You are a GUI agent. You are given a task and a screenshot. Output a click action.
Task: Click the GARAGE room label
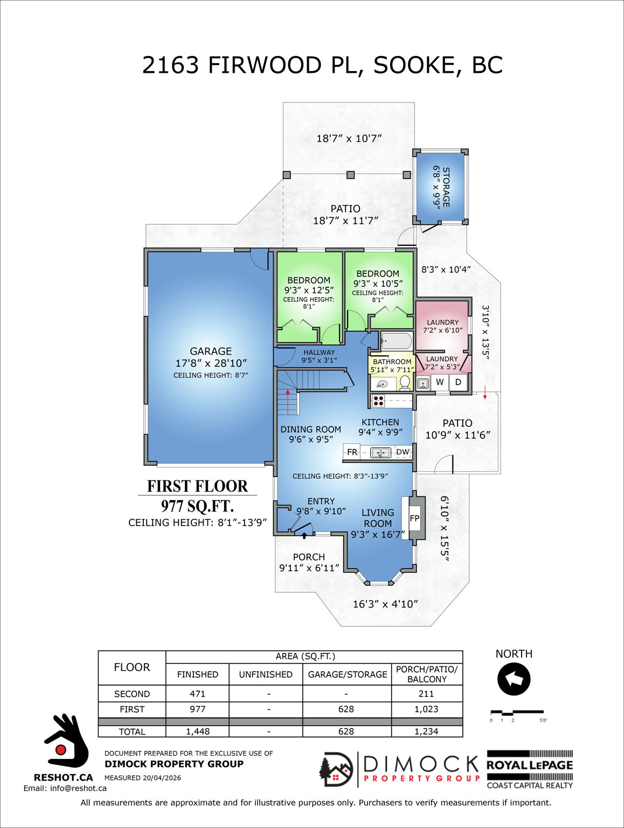tap(211, 351)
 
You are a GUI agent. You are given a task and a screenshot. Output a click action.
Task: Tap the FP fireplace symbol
tap(414, 519)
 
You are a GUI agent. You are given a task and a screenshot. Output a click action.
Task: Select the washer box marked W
tap(440, 382)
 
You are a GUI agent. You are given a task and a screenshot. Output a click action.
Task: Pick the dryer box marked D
tap(458, 382)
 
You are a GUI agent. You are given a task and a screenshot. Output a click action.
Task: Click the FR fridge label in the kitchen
tap(352, 452)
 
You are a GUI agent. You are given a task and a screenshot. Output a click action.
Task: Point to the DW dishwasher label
tap(403, 452)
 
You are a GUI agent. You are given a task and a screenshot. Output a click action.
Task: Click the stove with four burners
tap(378, 401)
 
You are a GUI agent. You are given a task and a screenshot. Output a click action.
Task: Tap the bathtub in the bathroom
tap(396, 341)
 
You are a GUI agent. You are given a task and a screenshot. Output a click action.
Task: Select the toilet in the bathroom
tap(405, 382)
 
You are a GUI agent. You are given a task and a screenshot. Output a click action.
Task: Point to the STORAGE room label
tap(446, 187)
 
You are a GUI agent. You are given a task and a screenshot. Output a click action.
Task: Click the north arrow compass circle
tap(514, 680)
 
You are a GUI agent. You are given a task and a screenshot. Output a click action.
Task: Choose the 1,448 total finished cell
tap(197, 732)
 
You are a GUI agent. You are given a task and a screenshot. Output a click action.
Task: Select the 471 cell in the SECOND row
tap(197, 694)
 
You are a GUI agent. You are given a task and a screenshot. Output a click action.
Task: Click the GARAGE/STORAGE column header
tap(347, 674)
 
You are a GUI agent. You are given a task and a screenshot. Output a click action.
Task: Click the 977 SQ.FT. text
tap(197, 506)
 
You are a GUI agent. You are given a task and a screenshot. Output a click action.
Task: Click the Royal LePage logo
tap(530, 765)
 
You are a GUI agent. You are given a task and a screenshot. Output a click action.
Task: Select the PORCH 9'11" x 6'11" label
tap(309, 562)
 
